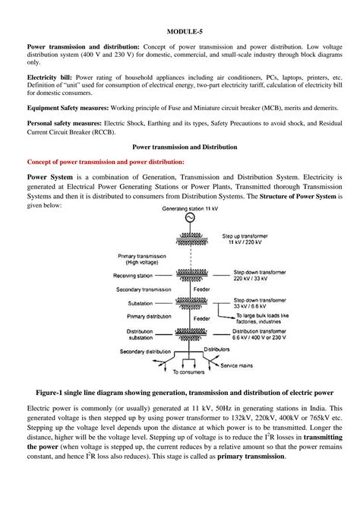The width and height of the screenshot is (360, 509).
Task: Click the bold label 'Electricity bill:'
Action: [50, 77]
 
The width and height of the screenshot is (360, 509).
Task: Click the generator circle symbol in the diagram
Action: [182, 219]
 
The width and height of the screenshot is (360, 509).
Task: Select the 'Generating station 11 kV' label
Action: [182, 207]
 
